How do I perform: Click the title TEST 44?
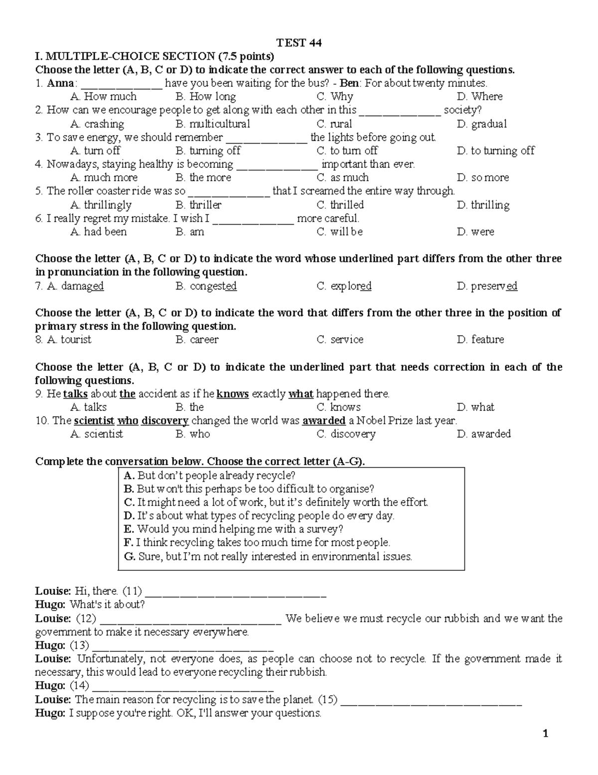click(x=299, y=43)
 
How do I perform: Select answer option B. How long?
click(x=206, y=96)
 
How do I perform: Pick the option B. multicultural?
click(x=213, y=124)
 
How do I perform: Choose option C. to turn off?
click(x=347, y=151)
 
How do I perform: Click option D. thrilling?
click(x=483, y=205)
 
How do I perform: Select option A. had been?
click(x=99, y=232)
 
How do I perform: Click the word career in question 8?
click(x=204, y=340)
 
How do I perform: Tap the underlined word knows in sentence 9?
click(x=233, y=394)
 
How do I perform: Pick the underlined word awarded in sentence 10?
click(x=324, y=421)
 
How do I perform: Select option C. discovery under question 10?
click(x=346, y=434)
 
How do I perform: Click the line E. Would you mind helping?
click(x=233, y=529)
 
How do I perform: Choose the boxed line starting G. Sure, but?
click(x=268, y=556)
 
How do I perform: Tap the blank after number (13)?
click(x=183, y=646)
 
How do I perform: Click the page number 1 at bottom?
click(x=546, y=734)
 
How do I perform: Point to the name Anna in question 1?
click(x=60, y=83)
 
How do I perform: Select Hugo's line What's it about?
click(x=107, y=605)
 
